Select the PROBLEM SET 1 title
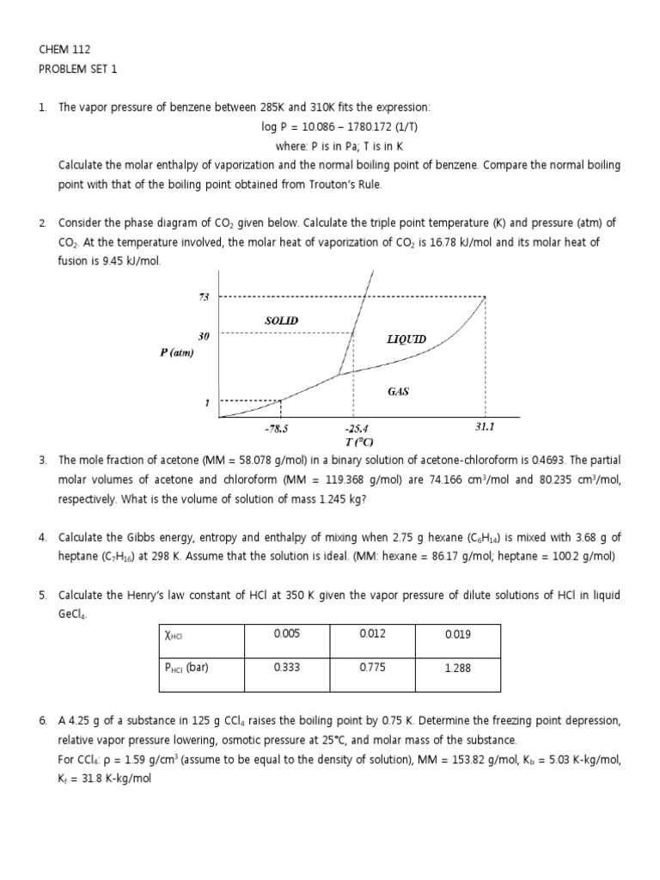coord(76,70)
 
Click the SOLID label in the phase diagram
coord(282,320)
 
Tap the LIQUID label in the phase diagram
coord(406,339)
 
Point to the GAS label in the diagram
coord(398,391)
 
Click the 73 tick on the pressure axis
coord(205,296)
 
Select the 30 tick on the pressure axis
coord(205,336)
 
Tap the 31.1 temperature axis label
coord(486,425)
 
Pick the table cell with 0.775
coord(371,667)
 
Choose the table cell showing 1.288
coord(457,667)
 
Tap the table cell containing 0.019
coord(457,633)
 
